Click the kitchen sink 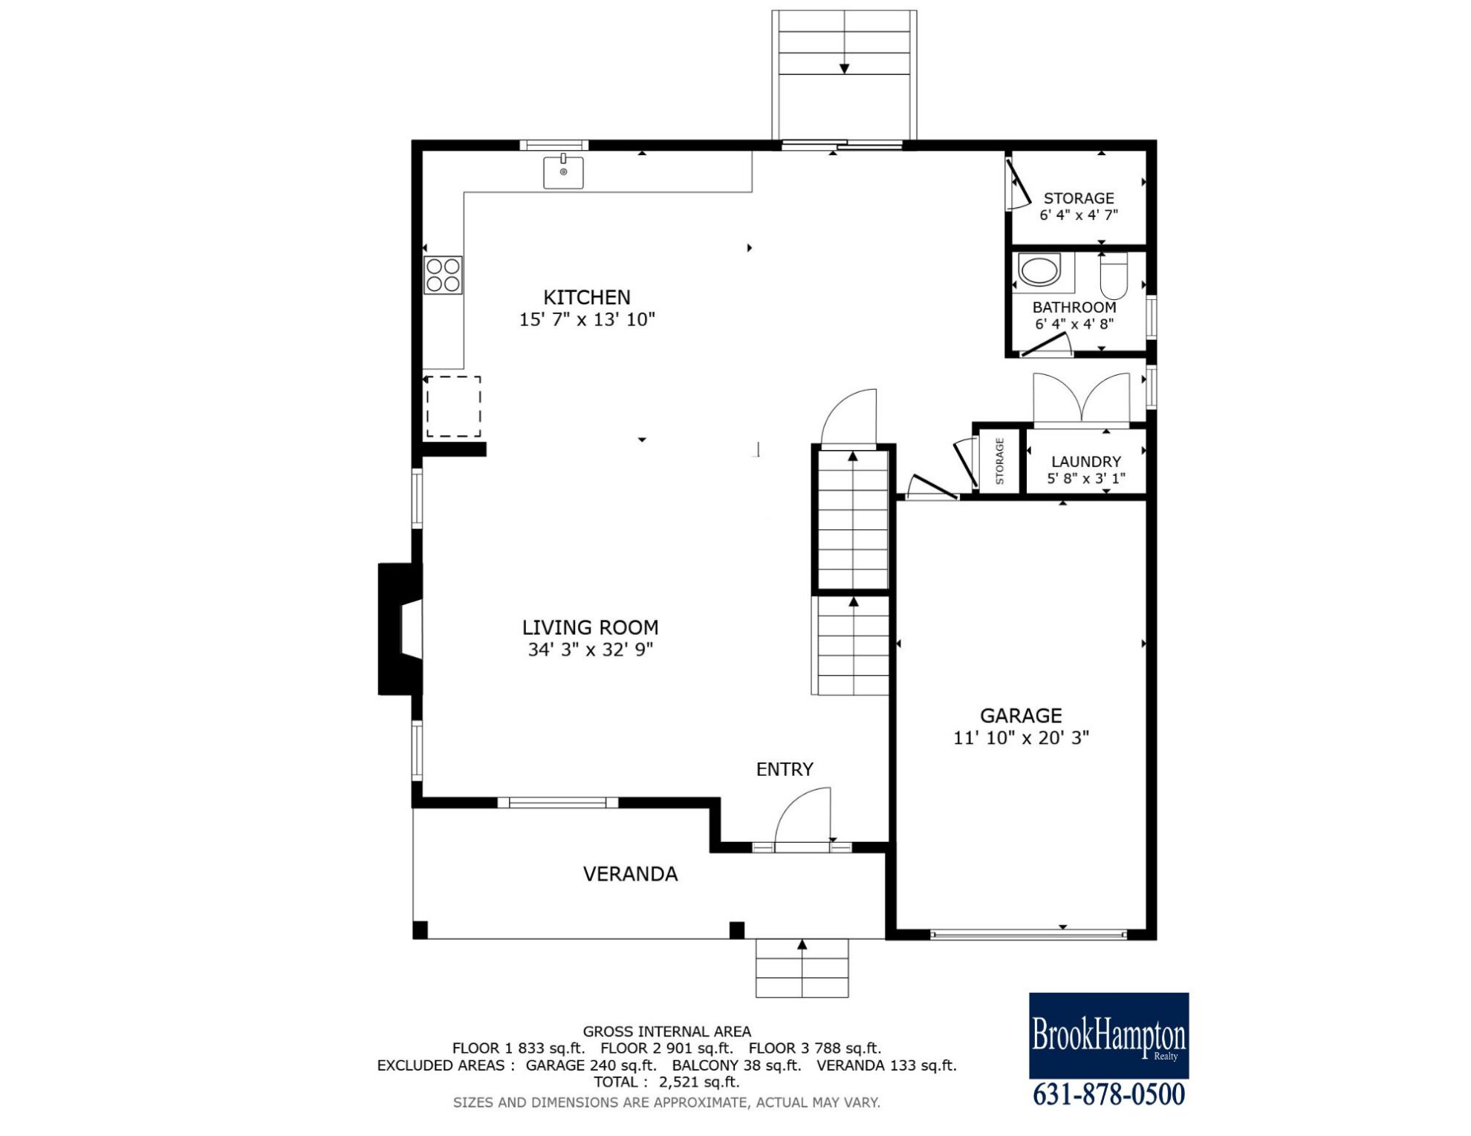[x=563, y=172]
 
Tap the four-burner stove [x=443, y=275]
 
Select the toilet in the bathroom [x=1114, y=275]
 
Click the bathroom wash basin [x=1040, y=270]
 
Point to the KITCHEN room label [x=587, y=298]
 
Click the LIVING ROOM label [x=591, y=627]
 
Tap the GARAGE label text [x=1021, y=716]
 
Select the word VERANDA [x=630, y=874]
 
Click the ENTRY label [x=785, y=769]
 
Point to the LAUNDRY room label [x=1086, y=462]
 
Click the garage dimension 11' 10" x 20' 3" [x=1022, y=738]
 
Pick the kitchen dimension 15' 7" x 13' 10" [x=587, y=320]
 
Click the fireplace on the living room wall [x=400, y=630]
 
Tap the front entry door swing [x=802, y=817]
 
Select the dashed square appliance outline [x=453, y=406]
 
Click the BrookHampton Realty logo [x=1108, y=1036]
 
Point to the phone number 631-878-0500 [x=1109, y=1095]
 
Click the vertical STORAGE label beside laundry [x=999, y=461]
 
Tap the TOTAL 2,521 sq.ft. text [x=666, y=1083]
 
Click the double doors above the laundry [x=1082, y=398]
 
